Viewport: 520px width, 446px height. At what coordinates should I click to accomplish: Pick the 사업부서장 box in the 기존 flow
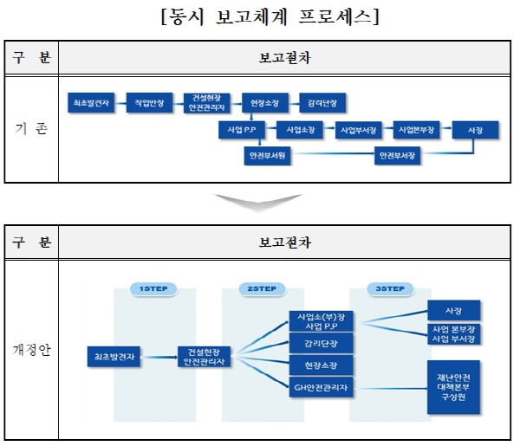[x=358, y=130]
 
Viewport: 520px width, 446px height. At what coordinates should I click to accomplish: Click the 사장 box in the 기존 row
[x=475, y=130]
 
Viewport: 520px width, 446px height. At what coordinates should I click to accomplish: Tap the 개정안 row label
[x=31, y=350]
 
